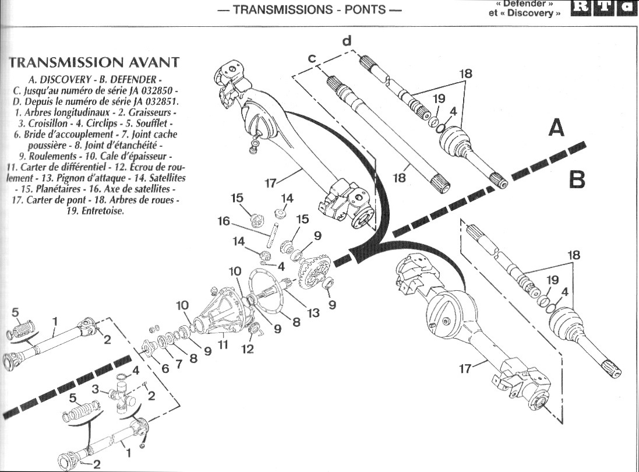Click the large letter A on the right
coord(556,126)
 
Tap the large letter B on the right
coord(576,179)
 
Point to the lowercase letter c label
coord(312,58)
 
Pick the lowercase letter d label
coord(347,41)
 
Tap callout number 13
coord(314,313)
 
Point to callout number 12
coord(247,349)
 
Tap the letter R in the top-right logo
coord(582,8)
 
